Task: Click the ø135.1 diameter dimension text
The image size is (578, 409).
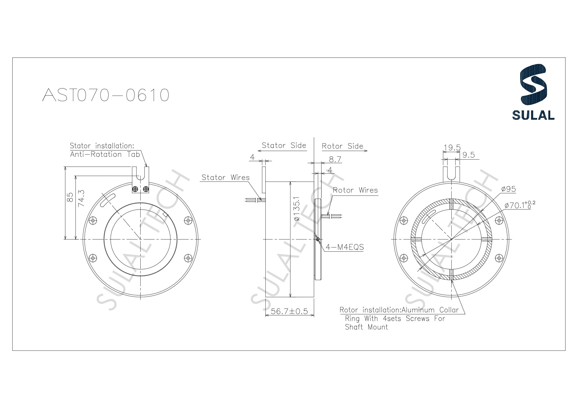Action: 297,209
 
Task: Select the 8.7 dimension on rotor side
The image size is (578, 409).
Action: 335,159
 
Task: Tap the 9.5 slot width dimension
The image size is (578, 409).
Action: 468,155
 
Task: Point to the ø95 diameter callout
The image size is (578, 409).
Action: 508,189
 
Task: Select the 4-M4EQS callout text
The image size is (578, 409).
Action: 345,247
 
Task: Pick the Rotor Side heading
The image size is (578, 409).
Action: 342,146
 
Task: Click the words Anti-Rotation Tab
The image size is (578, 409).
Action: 105,154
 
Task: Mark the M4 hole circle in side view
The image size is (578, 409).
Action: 318,239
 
